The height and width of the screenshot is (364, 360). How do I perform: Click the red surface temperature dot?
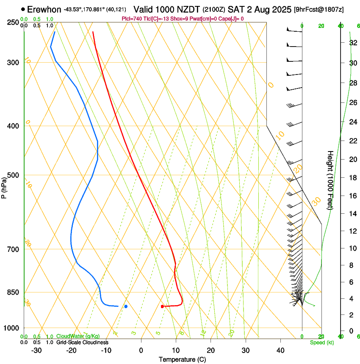pyautogui.click(x=162, y=306)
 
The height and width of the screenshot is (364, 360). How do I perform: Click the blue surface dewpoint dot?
pyautogui.click(x=126, y=306)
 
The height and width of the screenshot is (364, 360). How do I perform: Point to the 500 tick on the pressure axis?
pyautogui.click(x=13, y=175)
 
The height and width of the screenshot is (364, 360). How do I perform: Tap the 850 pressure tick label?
pyautogui.click(x=13, y=292)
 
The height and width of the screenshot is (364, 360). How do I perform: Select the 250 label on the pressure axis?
pyautogui.click(x=13, y=22)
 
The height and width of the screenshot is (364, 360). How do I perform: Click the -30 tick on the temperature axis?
pyautogui.click(x=36, y=350)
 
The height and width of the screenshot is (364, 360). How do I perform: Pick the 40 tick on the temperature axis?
pyautogui.click(x=280, y=350)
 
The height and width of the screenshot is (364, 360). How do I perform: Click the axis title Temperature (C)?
pyautogui.click(x=182, y=359)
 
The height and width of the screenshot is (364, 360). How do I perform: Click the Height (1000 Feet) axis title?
pyautogui.click(x=330, y=180)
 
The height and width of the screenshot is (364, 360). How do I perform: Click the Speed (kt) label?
pyautogui.click(x=321, y=342)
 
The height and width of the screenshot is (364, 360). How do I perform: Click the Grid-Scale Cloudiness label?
pyautogui.click(x=82, y=342)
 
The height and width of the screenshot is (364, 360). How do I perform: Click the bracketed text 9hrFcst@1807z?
pyautogui.click(x=318, y=9)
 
